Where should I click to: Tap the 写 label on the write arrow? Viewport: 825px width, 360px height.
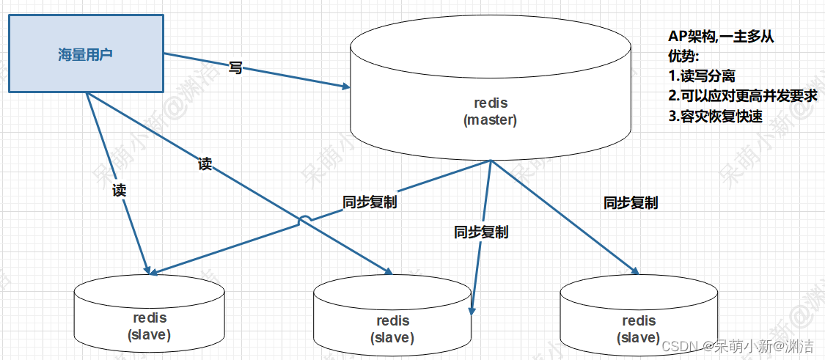pos(235,68)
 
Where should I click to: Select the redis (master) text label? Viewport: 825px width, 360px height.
pos(490,111)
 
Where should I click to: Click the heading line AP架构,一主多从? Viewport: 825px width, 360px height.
pos(721,37)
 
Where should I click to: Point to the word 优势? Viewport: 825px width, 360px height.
pos(683,56)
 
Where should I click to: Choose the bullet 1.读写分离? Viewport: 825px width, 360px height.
pos(701,76)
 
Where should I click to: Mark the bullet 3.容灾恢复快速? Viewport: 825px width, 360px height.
pos(715,115)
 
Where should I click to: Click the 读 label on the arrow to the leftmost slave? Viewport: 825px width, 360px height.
pos(119,191)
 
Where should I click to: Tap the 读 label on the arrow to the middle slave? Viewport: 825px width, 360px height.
pos(205,164)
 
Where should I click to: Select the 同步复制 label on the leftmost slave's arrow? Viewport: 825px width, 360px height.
pos(370,202)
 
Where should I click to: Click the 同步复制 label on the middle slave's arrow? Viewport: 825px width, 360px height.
pos(481,232)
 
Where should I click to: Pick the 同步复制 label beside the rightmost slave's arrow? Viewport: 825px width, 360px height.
pos(630,202)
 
